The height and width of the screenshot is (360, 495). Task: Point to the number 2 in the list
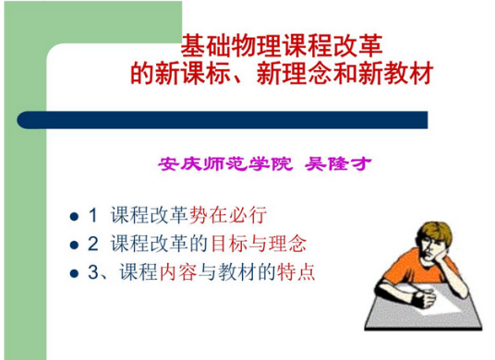[x=93, y=245]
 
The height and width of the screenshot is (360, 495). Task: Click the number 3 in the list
[x=93, y=273]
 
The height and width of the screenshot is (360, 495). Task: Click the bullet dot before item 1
[x=75, y=218]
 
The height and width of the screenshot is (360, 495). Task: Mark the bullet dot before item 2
[x=75, y=246]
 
